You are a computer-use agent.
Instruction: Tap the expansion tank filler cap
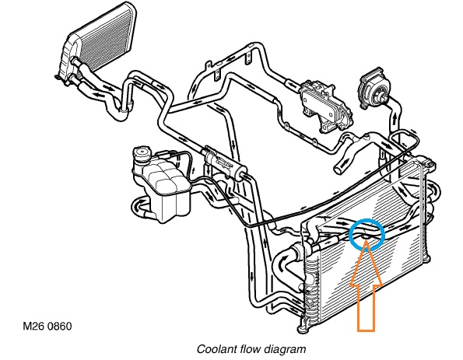tap(142, 155)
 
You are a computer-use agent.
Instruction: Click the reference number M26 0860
tap(47, 327)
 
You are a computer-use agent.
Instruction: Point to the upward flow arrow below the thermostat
tap(395, 116)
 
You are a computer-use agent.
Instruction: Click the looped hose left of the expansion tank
tap(141, 208)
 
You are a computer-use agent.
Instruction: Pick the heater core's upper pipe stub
tap(75, 61)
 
